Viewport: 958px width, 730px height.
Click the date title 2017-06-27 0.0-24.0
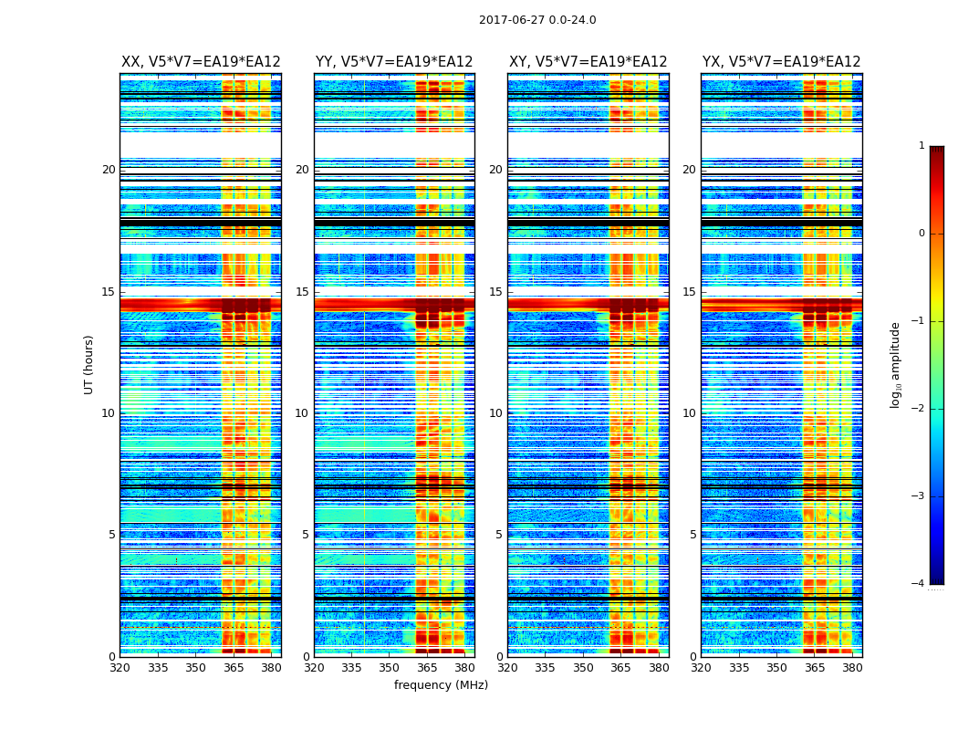[537, 20]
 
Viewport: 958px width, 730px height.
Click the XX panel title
[201, 62]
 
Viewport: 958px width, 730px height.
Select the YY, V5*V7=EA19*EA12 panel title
[394, 62]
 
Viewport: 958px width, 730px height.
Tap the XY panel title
[588, 62]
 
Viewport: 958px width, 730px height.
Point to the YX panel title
[782, 62]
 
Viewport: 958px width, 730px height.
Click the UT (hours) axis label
[89, 364]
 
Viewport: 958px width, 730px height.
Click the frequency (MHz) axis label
[441, 685]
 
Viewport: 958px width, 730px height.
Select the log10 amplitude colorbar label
[896, 364]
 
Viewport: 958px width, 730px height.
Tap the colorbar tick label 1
[922, 146]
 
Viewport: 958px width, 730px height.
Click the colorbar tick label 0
[922, 234]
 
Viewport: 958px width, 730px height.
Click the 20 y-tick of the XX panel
[109, 170]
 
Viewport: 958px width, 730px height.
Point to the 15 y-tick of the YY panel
[302, 292]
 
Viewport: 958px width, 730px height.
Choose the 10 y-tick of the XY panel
[495, 413]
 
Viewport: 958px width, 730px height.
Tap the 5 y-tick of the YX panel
[692, 535]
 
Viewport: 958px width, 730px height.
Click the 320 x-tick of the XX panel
[120, 668]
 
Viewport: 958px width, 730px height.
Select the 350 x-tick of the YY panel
[390, 668]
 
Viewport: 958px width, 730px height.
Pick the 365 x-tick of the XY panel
[620, 668]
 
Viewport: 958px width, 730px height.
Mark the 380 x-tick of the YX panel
[852, 668]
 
